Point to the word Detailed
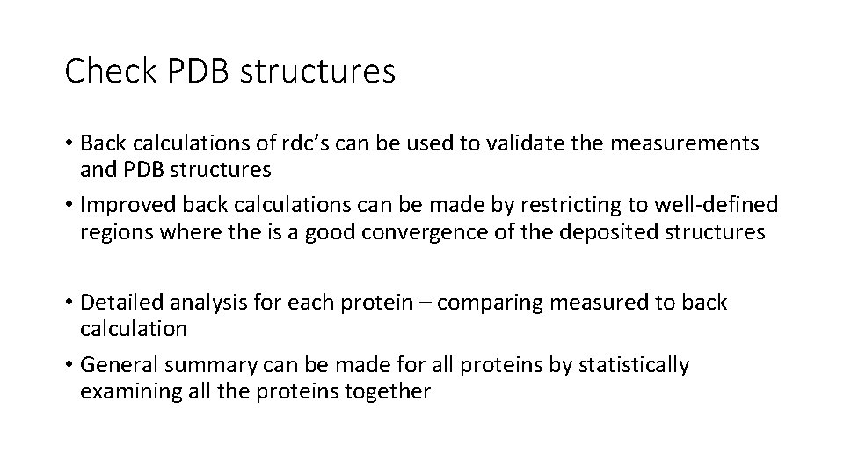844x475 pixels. tap(117, 303)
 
